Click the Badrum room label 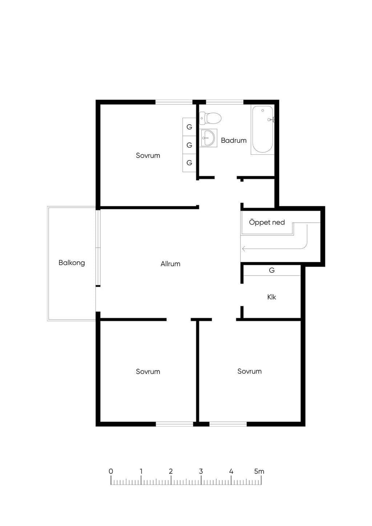click(234, 141)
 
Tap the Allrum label click(170, 264)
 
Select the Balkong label click(72, 263)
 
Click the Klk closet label click(272, 297)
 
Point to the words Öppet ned click(267, 222)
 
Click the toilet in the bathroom click(210, 118)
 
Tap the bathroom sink click(208, 138)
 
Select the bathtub click(263, 130)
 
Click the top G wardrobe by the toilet click(189, 127)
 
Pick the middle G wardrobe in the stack click(189, 145)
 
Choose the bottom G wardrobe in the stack click(189, 163)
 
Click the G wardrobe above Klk click(272, 270)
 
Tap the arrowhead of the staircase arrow click(243, 248)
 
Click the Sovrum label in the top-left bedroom click(148, 155)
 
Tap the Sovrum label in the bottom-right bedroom click(250, 371)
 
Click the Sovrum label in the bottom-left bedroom click(148, 372)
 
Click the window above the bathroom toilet click(225, 102)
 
